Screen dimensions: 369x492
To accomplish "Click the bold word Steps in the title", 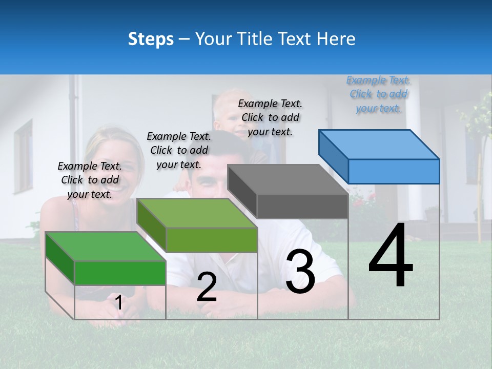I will point(151,39).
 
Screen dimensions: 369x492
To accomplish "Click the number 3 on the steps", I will point(300,272).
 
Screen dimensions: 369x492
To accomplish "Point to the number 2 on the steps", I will point(207,287).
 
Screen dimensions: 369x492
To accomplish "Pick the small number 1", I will point(118,303).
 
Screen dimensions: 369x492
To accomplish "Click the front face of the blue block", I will point(394,171).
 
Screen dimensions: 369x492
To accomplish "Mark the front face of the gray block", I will point(302,207).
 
